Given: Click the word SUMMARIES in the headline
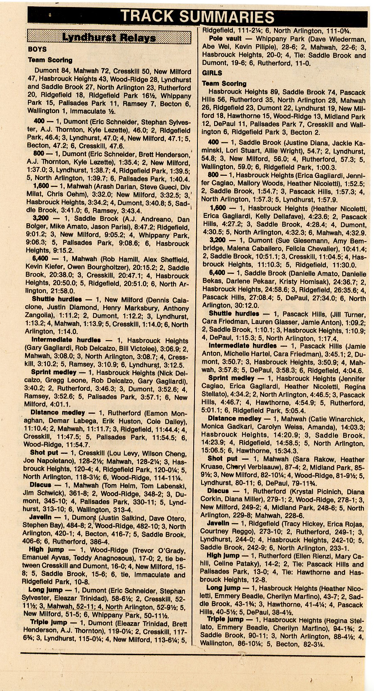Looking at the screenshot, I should (x=227, y=16).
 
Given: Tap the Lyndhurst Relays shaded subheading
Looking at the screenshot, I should (x=109, y=38).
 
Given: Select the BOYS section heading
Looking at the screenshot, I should (x=37, y=49).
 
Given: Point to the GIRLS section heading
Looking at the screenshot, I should (x=212, y=73).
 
